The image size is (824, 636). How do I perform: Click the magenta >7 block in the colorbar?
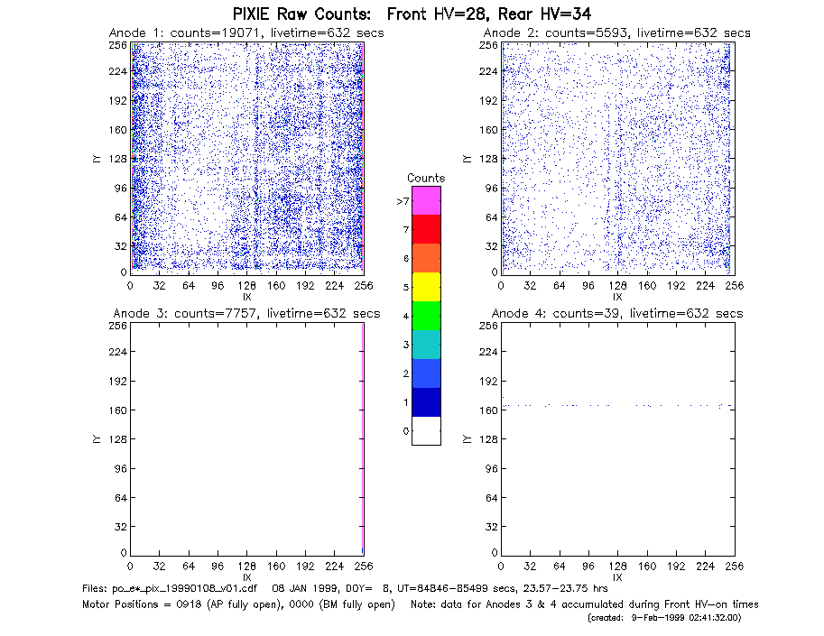coord(426,200)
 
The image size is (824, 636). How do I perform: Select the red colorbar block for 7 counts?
coord(426,229)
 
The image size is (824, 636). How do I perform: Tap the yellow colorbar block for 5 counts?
coord(426,287)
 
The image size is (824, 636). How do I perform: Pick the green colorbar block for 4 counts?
coord(426,316)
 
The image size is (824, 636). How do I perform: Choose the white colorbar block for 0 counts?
coord(426,430)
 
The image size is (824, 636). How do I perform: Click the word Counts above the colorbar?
coord(426,178)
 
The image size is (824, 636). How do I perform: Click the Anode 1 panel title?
coord(246,33)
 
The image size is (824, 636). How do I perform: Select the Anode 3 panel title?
coord(246,314)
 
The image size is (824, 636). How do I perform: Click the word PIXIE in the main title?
coord(250,14)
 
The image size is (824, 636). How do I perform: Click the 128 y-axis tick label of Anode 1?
coord(118,159)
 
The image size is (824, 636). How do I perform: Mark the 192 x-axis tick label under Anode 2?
coord(676,285)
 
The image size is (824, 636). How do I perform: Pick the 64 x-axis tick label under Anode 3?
coord(188,566)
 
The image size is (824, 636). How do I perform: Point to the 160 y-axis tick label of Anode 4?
coord(488,410)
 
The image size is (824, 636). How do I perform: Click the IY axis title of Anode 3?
coord(97,439)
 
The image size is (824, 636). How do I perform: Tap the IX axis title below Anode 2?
coord(617,297)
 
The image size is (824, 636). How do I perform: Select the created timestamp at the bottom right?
coord(664,618)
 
